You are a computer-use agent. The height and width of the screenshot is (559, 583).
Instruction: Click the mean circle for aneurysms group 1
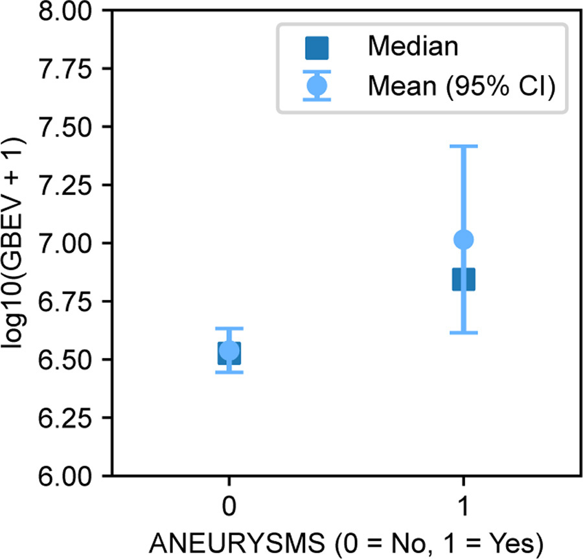(x=463, y=240)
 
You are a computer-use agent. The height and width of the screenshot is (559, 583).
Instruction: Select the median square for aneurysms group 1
(x=463, y=280)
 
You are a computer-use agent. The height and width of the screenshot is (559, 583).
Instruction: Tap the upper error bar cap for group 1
(x=463, y=146)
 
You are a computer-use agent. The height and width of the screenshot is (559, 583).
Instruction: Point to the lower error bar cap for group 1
(x=463, y=332)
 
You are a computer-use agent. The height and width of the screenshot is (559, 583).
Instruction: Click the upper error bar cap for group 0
(x=229, y=328)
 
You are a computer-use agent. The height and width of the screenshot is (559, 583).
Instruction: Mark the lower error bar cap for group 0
(x=229, y=372)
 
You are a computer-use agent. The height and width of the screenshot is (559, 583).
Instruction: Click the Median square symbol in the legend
(x=317, y=47)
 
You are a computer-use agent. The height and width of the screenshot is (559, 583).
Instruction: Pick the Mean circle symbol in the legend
(x=317, y=85)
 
